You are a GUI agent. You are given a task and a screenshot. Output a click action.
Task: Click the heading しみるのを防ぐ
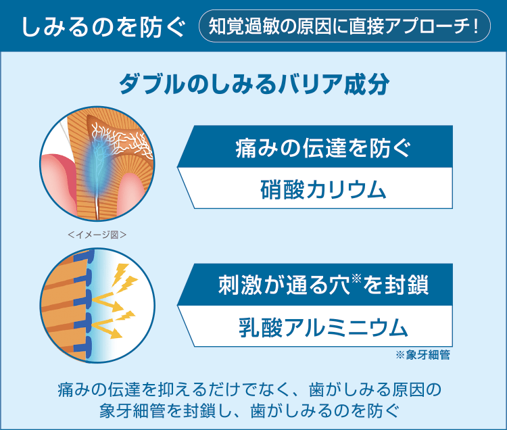[103, 26]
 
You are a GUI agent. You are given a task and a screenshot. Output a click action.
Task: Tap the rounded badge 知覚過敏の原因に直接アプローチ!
[344, 26]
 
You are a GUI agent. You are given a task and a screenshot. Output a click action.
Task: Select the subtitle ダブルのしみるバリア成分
[254, 85]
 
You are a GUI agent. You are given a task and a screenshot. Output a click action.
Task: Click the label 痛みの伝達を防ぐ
[322, 148]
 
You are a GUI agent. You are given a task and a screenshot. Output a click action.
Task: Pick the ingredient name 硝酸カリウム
[323, 189]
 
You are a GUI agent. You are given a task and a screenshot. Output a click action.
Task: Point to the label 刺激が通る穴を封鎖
[323, 285]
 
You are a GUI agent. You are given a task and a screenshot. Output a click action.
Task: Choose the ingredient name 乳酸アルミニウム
[323, 327]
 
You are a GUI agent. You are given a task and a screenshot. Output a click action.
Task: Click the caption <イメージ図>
[97, 235]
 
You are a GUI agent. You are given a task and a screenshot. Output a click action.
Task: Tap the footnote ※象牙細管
[422, 355]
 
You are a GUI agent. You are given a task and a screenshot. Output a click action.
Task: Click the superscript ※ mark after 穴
[356, 278]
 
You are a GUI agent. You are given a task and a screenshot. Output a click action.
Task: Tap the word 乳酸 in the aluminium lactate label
[261, 327]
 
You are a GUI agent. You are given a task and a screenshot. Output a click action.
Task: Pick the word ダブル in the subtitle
[153, 85]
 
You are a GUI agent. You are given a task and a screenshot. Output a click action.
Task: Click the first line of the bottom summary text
[249, 389]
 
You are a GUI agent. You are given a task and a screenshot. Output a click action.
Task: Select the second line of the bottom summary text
[249, 410]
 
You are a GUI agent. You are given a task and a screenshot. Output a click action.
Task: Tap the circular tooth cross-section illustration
[97, 164]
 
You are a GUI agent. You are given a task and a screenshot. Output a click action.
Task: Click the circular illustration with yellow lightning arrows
[97, 306]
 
